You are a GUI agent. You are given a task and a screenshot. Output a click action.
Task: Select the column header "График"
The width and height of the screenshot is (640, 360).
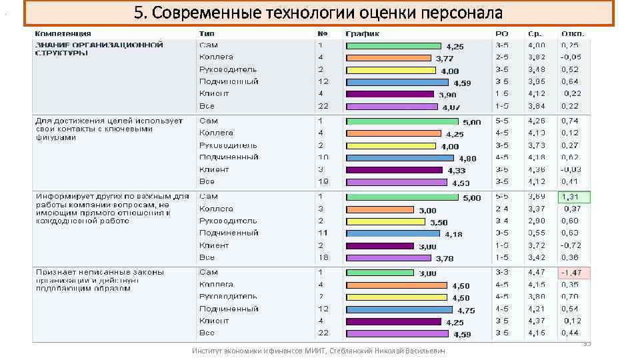(x=362, y=33)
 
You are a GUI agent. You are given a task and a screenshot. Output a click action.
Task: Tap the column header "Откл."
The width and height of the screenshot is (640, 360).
(x=573, y=33)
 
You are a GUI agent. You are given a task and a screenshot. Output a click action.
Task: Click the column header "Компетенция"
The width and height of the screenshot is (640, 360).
(x=63, y=33)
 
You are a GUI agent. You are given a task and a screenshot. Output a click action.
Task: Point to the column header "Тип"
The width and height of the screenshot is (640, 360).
(x=206, y=33)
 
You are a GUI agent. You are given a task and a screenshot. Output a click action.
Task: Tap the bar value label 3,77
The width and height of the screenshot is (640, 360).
(x=445, y=59)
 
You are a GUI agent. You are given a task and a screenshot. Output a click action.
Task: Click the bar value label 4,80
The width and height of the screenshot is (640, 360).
(x=467, y=159)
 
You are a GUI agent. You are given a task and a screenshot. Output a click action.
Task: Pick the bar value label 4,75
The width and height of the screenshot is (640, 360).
(x=465, y=311)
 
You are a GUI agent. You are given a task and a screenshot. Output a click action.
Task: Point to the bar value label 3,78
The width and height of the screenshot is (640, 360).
(x=445, y=259)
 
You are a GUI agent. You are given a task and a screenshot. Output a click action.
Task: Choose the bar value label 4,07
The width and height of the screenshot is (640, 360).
(x=451, y=107)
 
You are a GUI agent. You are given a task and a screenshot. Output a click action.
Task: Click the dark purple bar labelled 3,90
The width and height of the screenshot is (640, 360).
(x=393, y=95)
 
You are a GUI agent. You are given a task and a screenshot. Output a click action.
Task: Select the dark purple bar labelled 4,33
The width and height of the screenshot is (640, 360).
(x=393, y=170)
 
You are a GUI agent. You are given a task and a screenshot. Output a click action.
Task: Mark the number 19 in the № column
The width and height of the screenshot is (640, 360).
(x=323, y=181)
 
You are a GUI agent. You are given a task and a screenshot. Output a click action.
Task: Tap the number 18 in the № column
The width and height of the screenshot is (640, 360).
(x=323, y=257)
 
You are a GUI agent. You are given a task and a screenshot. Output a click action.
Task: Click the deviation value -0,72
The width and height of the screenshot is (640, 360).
(x=571, y=245)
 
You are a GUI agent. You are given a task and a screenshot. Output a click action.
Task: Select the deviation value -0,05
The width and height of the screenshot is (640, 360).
(x=571, y=57)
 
